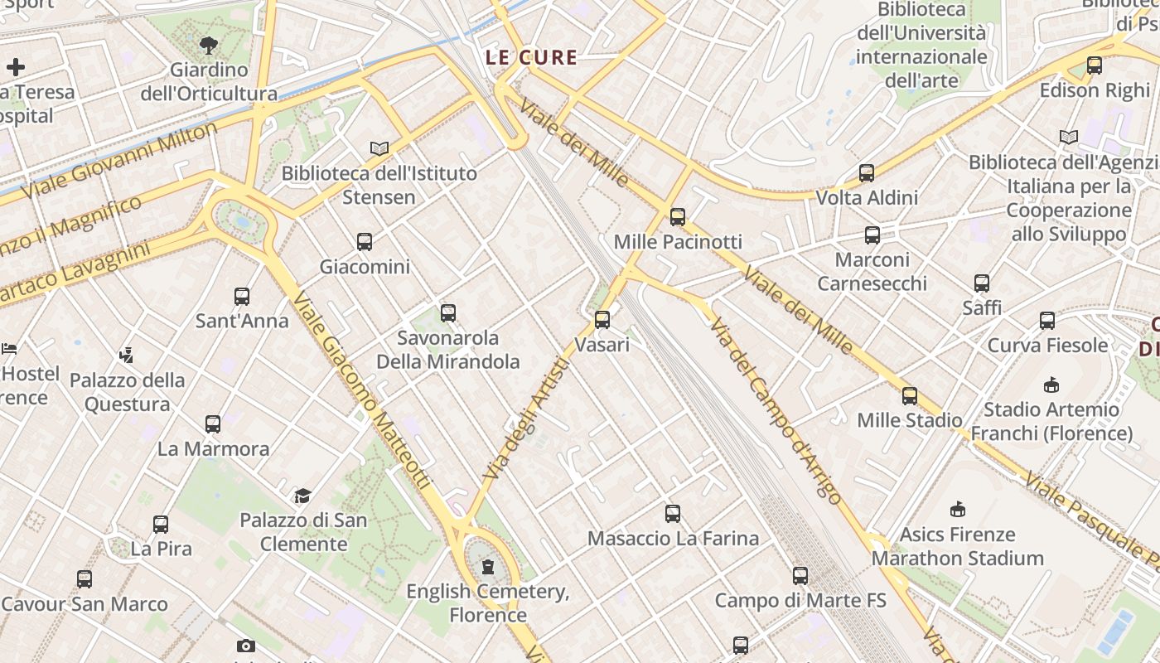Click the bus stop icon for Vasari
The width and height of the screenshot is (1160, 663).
click(x=602, y=319)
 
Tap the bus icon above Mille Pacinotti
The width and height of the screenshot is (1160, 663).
click(x=678, y=217)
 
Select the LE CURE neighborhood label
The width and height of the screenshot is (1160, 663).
click(x=531, y=57)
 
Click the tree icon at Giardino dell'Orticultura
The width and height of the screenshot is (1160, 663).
click(x=209, y=46)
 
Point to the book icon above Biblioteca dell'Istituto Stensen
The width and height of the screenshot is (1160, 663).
click(x=379, y=148)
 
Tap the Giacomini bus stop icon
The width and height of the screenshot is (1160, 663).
click(x=365, y=242)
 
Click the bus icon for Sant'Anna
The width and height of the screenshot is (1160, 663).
click(x=242, y=296)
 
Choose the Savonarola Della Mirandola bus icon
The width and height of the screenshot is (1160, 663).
click(x=448, y=312)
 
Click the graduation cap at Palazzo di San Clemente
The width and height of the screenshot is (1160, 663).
click(x=302, y=496)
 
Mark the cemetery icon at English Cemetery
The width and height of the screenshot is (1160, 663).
click(x=488, y=567)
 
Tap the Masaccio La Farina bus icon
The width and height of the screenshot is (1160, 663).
click(x=673, y=514)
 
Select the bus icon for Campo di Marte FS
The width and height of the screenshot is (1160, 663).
click(x=800, y=575)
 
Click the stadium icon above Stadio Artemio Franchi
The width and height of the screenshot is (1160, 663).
click(x=1051, y=385)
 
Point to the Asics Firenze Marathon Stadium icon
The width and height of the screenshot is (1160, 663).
click(x=958, y=509)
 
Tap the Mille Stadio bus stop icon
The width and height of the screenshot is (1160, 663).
click(x=910, y=395)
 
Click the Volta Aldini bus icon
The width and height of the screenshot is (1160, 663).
click(x=867, y=173)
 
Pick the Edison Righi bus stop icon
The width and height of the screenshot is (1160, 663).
click(x=1095, y=65)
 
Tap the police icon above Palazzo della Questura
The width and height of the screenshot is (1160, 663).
click(x=126, y=356)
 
